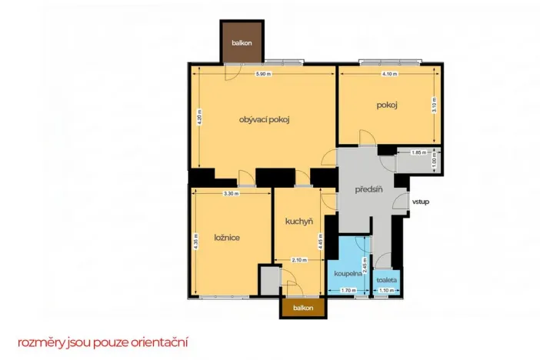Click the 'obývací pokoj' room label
tap(268, 119)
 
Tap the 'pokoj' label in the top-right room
tap(386, 105)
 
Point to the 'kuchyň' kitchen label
tap(298, 222)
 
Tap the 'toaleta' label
tap(386, 280)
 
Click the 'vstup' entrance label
tap(421, 202)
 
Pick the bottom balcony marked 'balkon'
tap(303, 308)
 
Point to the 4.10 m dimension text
tap(390, 74)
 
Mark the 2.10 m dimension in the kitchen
tap(299, 260)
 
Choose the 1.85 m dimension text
tap(418, 153)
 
